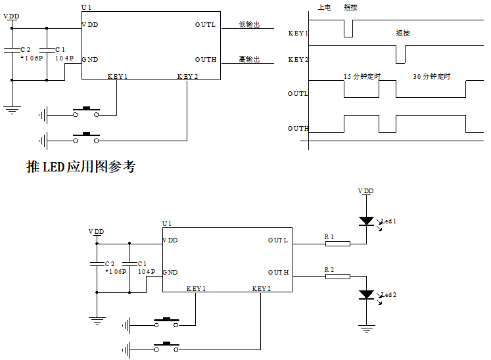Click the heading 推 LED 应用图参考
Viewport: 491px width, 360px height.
80,167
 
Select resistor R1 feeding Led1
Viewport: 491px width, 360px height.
338,244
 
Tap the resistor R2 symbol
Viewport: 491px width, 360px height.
338,277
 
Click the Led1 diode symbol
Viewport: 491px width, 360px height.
365,221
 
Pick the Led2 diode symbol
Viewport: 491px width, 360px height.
365,294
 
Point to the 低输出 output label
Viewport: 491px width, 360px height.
249,25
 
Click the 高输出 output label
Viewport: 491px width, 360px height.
249,60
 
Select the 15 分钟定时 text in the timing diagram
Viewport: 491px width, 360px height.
362,77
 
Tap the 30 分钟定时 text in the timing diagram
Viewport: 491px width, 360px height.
431,77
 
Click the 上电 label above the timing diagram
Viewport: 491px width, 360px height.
324,7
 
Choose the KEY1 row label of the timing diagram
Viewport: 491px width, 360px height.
298,33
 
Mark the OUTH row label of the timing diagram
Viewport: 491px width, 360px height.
298,129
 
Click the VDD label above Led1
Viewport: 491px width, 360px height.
365,191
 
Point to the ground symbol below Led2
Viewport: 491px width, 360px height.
365,326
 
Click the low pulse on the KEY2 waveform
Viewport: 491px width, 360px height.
400,55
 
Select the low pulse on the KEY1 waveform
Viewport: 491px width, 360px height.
348,29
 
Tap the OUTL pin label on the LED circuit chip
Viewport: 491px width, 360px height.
277,240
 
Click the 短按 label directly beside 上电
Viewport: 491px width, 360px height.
352,7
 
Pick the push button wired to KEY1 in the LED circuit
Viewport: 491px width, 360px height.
166,322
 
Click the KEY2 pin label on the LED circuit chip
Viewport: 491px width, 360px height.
262,288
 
